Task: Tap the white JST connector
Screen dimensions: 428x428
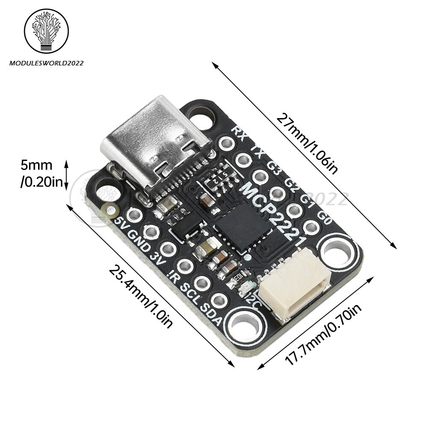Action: tap(295, 285)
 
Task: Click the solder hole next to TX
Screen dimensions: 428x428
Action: tap(243, 160)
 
